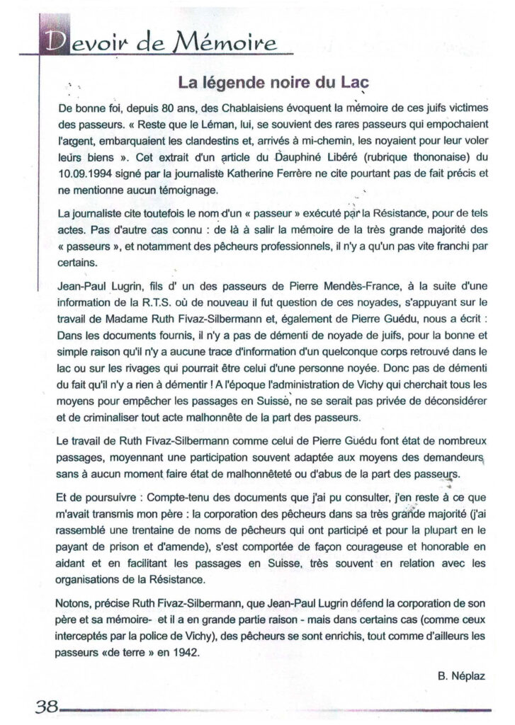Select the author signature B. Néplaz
coord(461,675)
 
